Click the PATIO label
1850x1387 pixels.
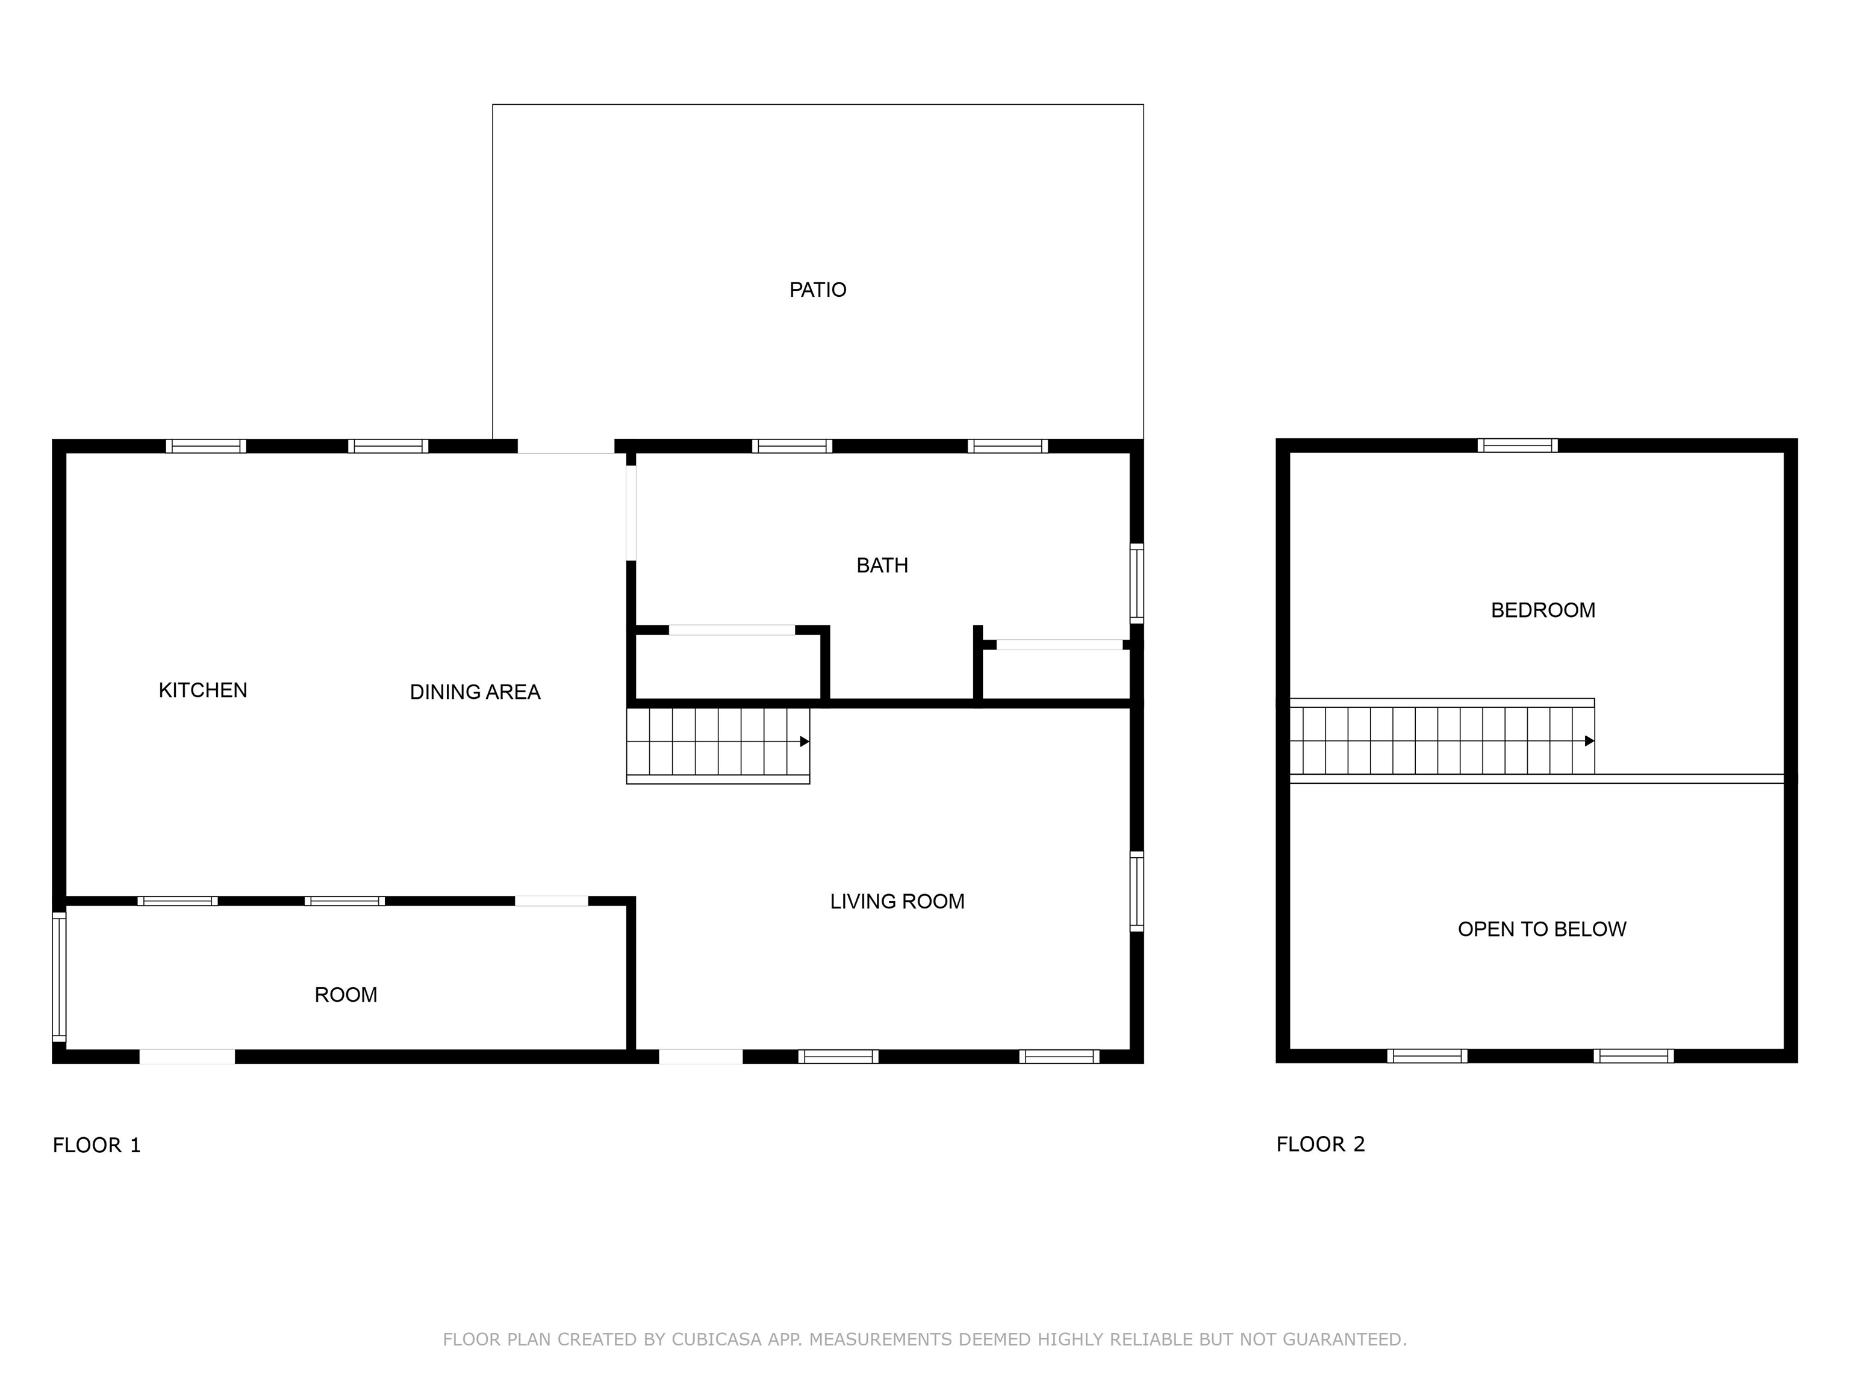[817, 290]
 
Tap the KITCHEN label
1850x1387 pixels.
[203, 690]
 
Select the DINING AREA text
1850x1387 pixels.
[475, 692]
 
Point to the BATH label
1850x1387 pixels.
[882, 566]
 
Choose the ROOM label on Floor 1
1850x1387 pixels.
[346, 995]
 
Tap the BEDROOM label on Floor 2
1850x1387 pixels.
[1543, 610]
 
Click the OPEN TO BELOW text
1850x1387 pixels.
[1542, 929]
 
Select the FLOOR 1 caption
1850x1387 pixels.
[97, 1146]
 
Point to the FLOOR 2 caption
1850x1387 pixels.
[1321, 1144]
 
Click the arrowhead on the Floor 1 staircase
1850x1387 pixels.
[805, 742]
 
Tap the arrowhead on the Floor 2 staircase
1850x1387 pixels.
[1589, 740]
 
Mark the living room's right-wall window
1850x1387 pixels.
[1136, 891]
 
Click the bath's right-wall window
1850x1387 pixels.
[1136, 583]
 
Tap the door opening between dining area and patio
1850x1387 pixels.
[566, 445]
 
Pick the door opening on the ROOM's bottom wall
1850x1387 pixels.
[187, 1057]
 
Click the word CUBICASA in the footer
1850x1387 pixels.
[717, 1340]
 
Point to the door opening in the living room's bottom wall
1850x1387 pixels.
[701, 1057]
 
